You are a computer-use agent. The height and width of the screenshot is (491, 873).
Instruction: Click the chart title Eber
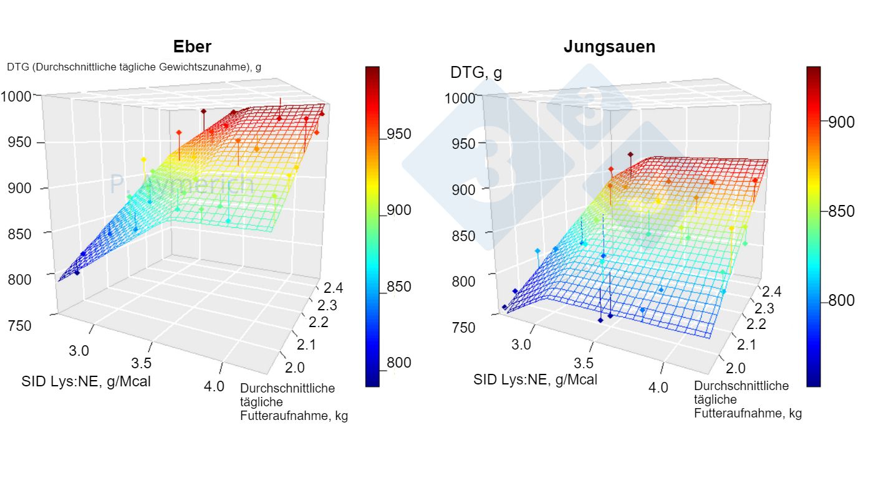coord(192,47)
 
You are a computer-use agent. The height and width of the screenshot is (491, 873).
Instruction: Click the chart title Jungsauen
coord(609,47)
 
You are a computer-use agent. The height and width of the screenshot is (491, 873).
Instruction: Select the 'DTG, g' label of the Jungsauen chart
coord(476,73)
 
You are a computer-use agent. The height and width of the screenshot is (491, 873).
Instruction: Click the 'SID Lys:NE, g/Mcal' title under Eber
coord(86,381)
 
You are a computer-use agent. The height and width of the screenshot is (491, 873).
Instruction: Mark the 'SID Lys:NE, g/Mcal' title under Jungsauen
coord(535,379)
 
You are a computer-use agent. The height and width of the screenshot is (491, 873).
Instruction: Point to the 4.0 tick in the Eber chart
coord(213,386)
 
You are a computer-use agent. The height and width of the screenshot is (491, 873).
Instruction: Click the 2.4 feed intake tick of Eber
coord(331,287)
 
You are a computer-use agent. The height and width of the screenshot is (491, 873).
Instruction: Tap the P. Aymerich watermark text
coord(181,184)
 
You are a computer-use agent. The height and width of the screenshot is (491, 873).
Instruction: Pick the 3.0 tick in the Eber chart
coord(79,351)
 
